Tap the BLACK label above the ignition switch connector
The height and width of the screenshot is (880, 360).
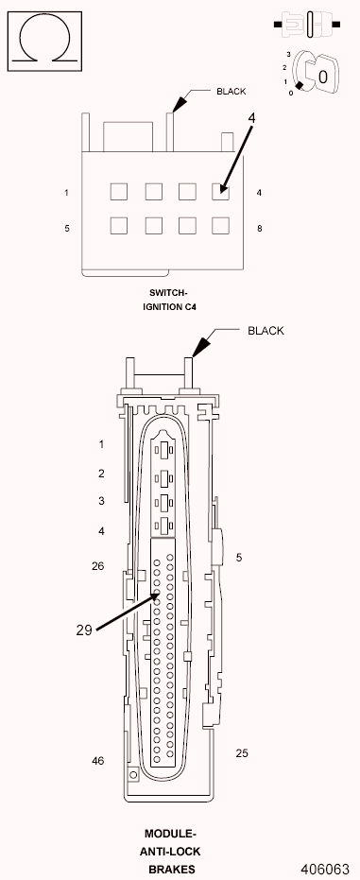231,92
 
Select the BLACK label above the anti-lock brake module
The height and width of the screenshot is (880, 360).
266,331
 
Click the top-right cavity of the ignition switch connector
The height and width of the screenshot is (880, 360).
220,191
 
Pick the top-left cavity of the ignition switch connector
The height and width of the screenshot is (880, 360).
118,191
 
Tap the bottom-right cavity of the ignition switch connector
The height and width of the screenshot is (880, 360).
220,226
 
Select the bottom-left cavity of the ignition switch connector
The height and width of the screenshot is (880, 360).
118,226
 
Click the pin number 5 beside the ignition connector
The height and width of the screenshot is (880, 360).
67,229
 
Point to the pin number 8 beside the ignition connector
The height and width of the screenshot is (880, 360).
260,229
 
